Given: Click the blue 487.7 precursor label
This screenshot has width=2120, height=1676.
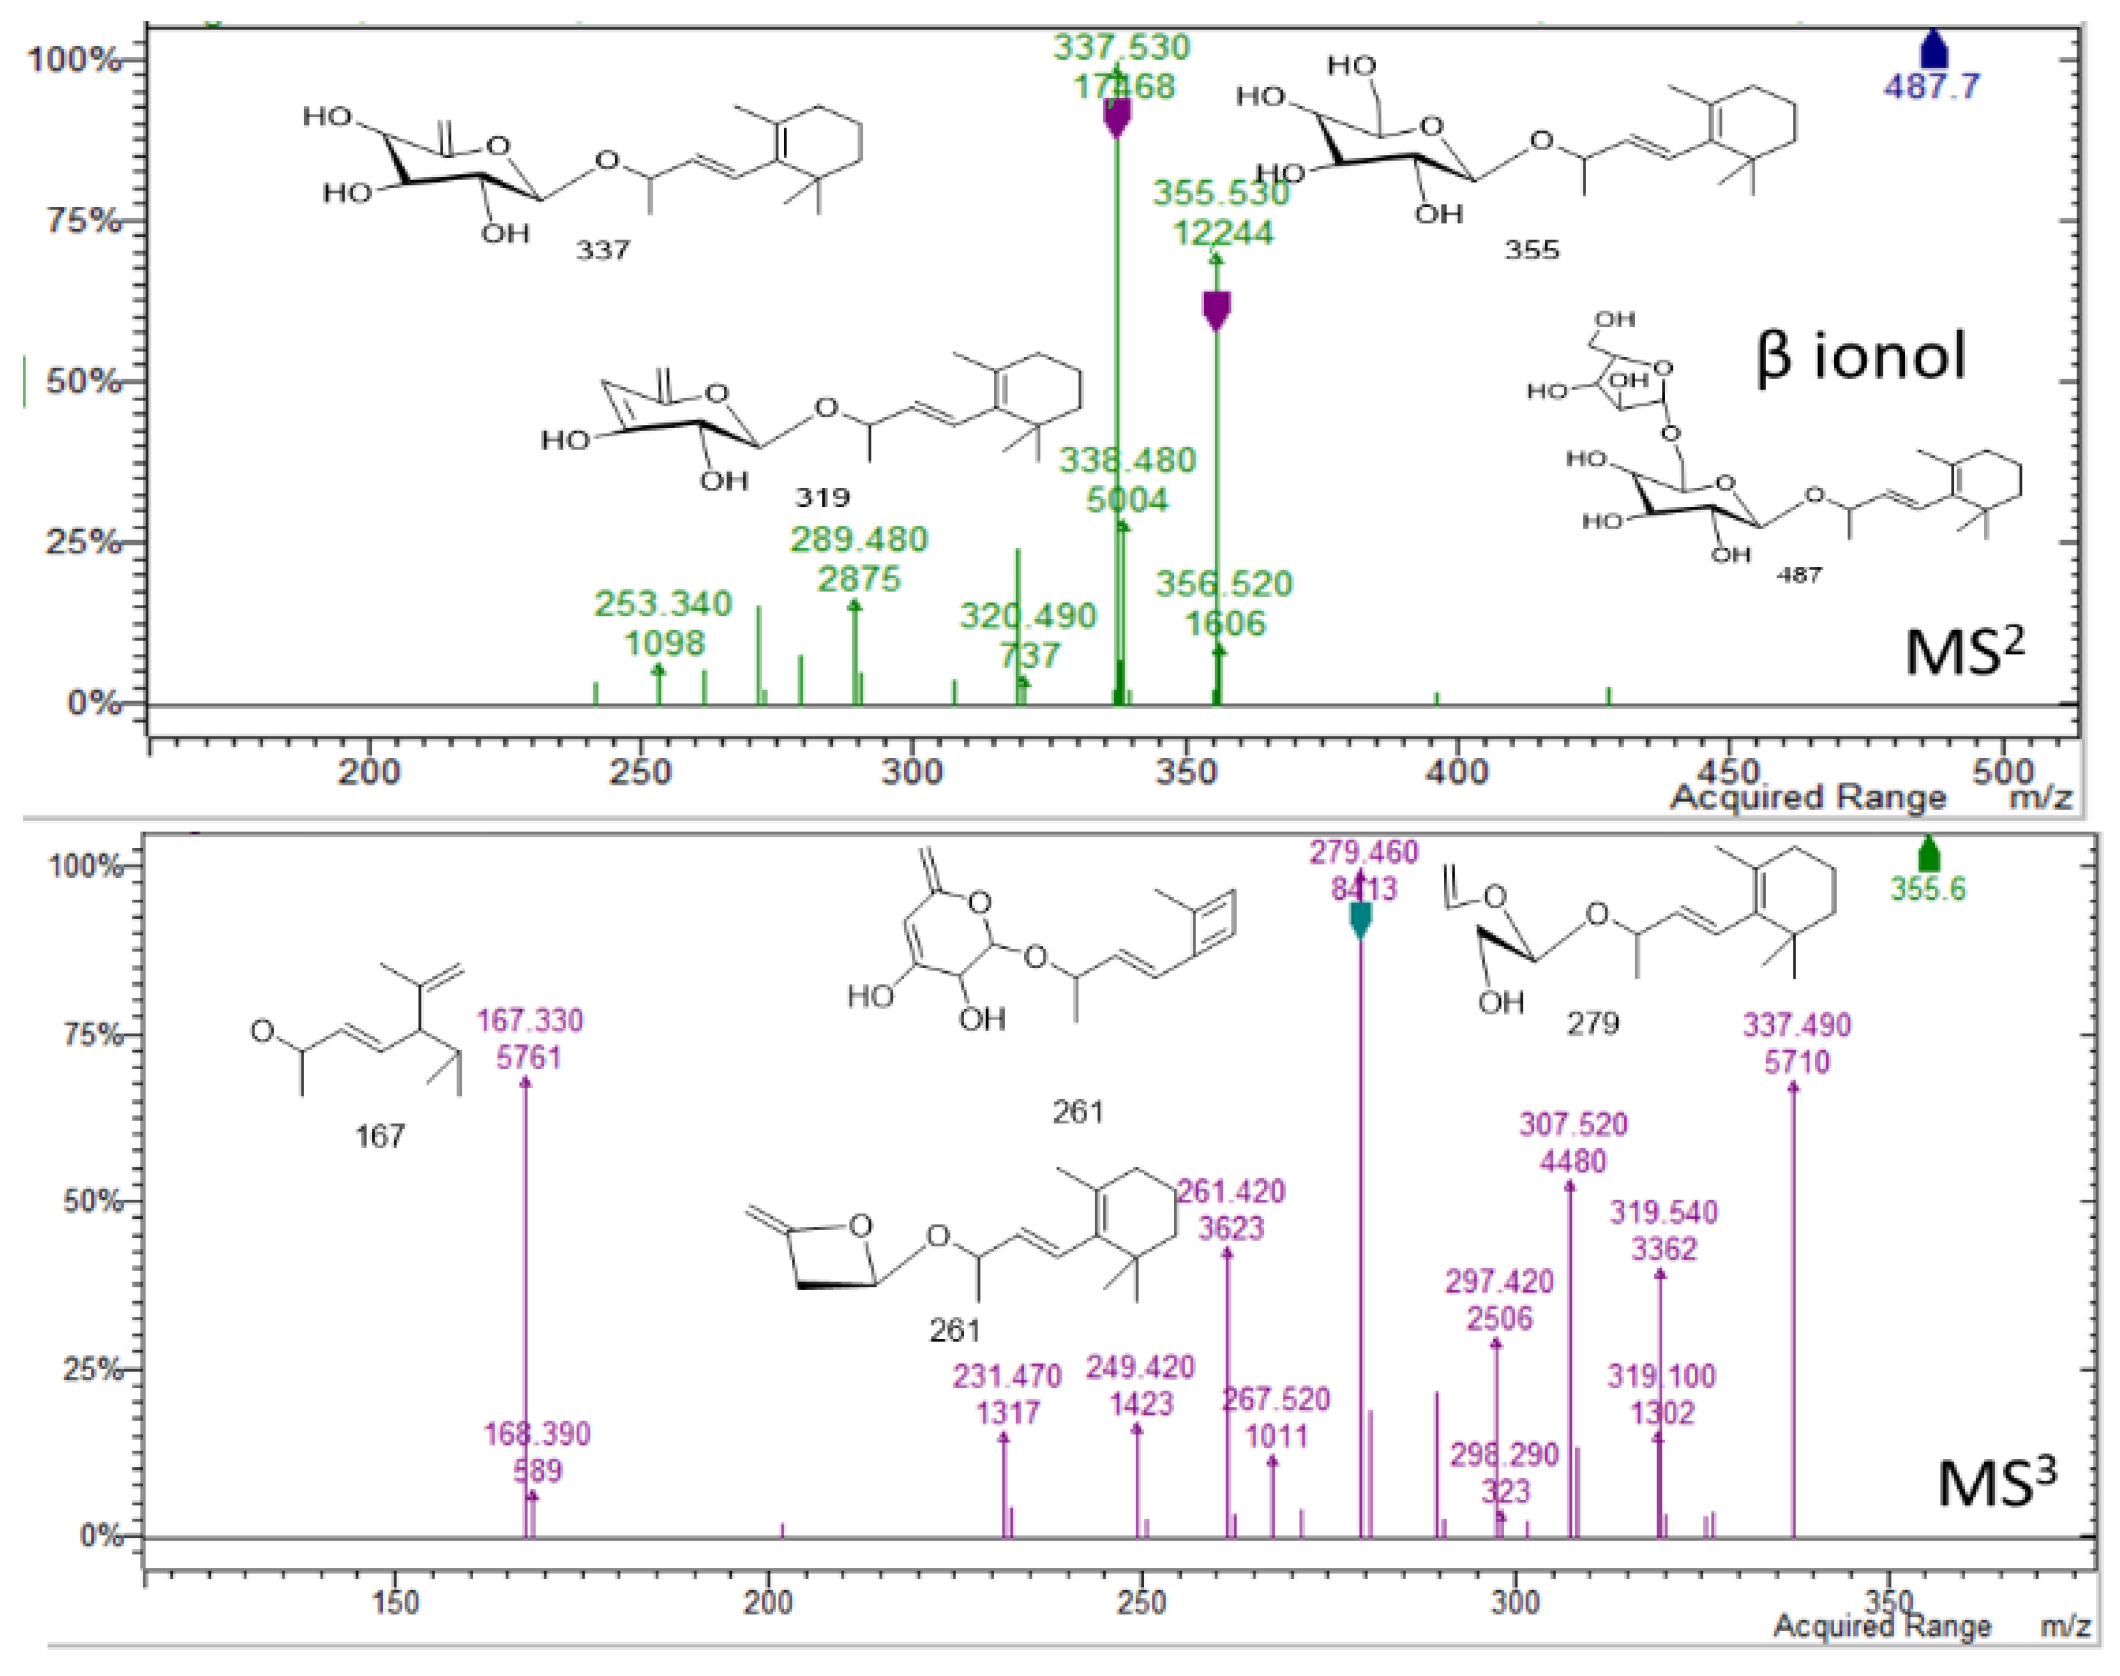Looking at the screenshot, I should tap(1931, 87).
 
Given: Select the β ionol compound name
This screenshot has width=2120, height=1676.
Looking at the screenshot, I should tap(1861, 357).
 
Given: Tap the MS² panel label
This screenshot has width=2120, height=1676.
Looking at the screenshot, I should tap(1964, 653).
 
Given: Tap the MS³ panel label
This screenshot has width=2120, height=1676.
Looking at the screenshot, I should tap(1996, 1483).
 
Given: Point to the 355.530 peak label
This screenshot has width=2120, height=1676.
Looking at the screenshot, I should tap(1221, 193).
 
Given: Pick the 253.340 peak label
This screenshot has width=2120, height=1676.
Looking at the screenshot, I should tap(663, 604).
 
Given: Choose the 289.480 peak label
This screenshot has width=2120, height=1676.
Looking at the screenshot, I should tap(859, 540).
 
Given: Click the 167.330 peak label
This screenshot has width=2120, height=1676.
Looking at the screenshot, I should tap(529, 1021).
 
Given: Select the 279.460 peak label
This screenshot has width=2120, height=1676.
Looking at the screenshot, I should tap(1364, 853).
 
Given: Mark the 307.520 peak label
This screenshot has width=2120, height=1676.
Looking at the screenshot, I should tap(1573, 1125).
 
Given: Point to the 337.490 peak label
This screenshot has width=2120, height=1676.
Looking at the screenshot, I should tap(1797, 1025).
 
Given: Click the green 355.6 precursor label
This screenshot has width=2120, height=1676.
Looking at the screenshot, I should tap(1927, 889).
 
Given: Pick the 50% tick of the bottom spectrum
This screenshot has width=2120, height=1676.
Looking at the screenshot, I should tap(91, 1201).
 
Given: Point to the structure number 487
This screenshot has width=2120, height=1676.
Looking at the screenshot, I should tap(1799, 575).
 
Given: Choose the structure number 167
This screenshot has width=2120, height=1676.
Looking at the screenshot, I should tap(380, 1136).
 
